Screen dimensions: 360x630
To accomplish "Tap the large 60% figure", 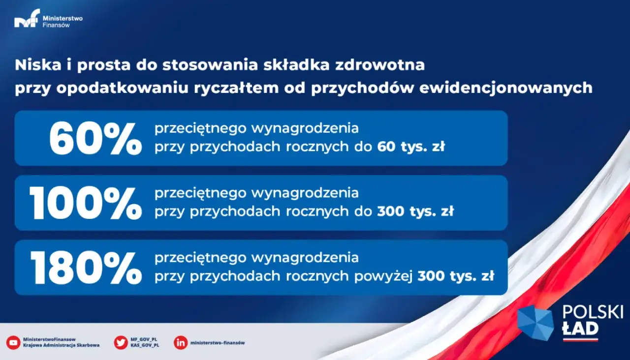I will [x=95, y=139].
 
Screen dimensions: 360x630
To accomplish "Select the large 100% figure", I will [x=86, y=203].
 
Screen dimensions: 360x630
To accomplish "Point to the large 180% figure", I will [x=86, y=268].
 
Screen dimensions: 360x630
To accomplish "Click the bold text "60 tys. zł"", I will [x=411, y=147].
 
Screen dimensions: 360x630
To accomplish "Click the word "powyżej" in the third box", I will [x=384, y=276].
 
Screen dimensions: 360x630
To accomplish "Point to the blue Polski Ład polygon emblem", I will [x=535, y=323].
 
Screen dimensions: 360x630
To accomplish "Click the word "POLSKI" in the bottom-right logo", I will [x=593, y=312].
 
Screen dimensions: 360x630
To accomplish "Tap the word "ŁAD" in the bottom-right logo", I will [x=580, y=328].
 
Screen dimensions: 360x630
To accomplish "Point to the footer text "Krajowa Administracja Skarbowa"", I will [x=61, y=345].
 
